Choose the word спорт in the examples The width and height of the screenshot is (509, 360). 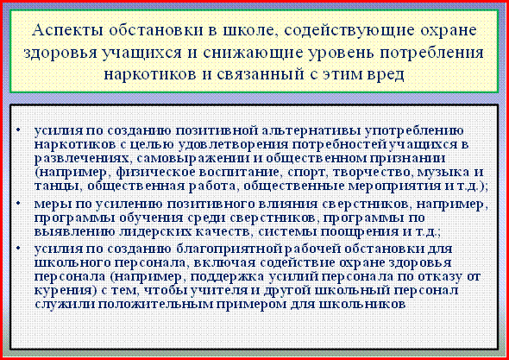click(309, 173)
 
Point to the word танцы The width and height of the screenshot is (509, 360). click(58, 186)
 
